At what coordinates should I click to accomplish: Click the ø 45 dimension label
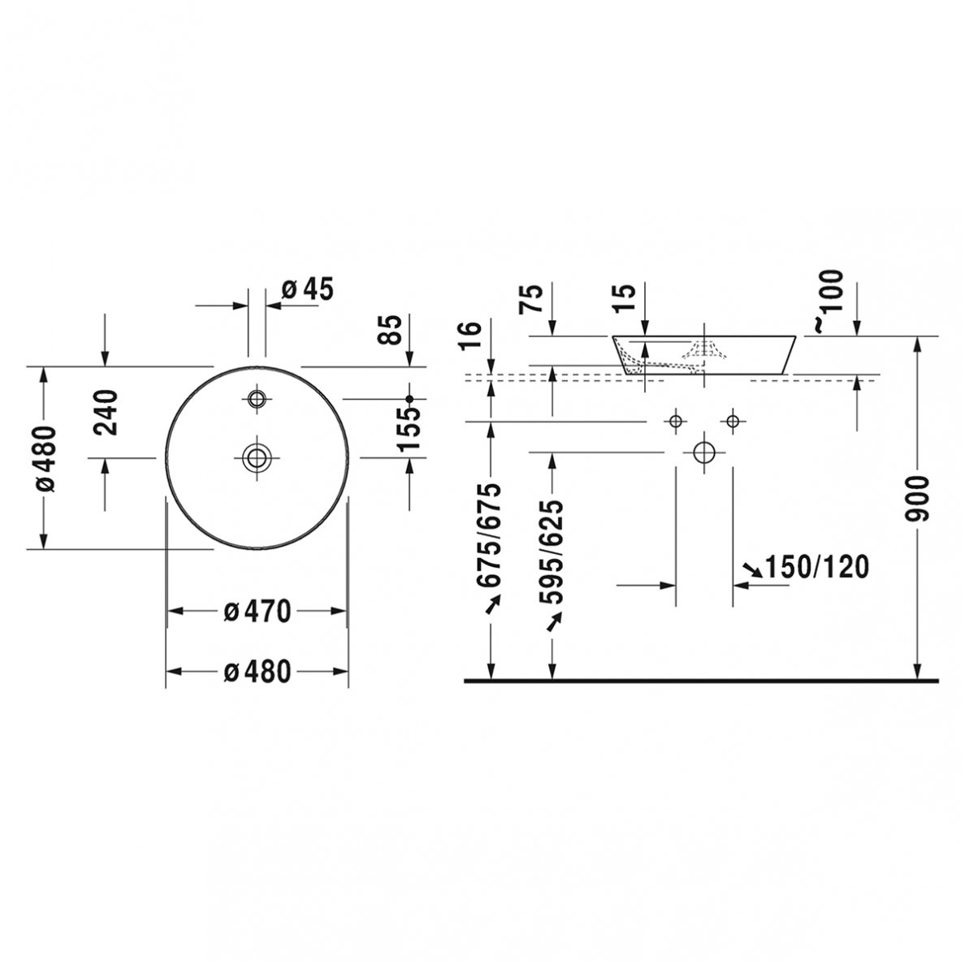click(307, 289)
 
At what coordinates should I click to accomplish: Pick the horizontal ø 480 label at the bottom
click(257, 672)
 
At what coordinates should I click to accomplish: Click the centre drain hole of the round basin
click(257, 458)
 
